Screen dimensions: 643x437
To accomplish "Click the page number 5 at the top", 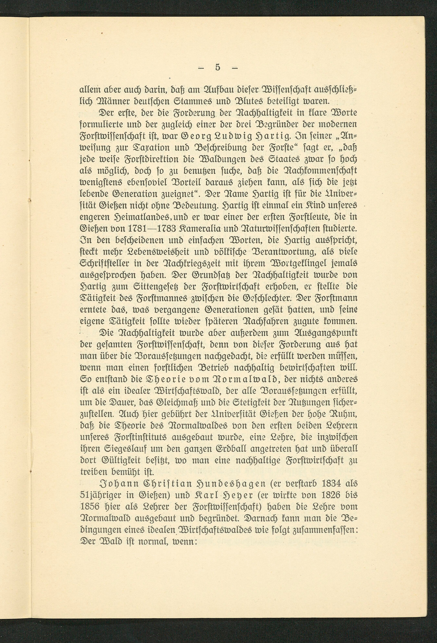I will pyautogui.click(x=218, y=67).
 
